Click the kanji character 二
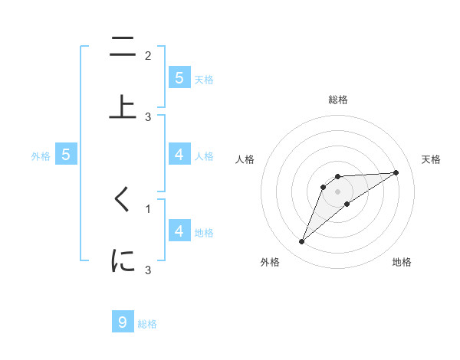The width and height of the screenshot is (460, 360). [x=123, y=48]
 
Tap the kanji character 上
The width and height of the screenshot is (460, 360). [x=123, y=106]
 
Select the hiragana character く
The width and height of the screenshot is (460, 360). [x=123, y=200]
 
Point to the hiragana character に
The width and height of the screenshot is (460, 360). [x=123, y=260]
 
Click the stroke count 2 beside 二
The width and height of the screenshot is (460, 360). [x=148, y=55]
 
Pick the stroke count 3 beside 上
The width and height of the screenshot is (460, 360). [x=148, y=116]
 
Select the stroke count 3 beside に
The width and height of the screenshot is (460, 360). [x=148, y=270]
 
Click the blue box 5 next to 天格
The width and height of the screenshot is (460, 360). [x=179, y=78]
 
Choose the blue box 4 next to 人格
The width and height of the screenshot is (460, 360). [x=179, y=155]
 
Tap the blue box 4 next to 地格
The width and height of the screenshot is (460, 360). [x=179, y=231]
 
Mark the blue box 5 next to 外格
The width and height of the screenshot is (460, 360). [x=66, y=155]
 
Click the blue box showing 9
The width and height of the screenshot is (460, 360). [x=123, y=322]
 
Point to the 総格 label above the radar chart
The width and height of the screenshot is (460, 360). [x=338, y=100]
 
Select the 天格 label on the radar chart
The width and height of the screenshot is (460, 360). [x=432, y=159]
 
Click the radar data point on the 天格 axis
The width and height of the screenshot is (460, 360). [x=396, y=173]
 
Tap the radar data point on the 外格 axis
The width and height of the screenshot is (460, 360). [x=302, y=242]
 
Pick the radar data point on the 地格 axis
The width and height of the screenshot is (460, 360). [x=347, y=204]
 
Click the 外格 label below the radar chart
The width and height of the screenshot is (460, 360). [x=270, y=262]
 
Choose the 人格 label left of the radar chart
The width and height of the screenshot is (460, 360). [x=245, y=159]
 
